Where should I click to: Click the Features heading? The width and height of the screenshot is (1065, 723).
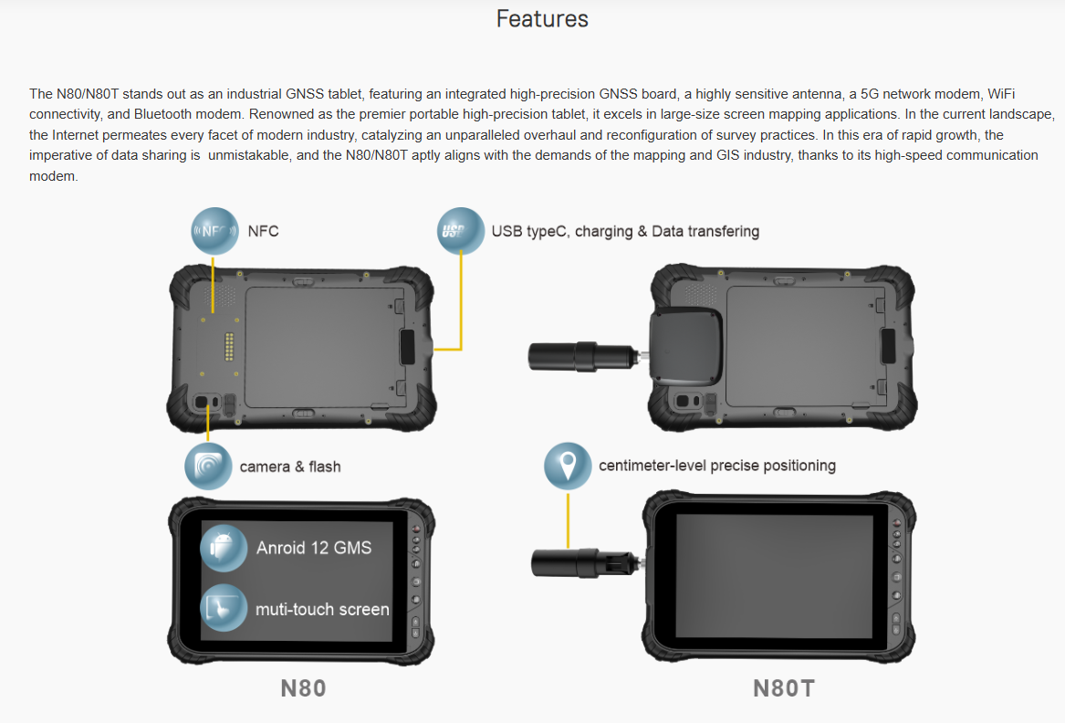[x=542, y=19]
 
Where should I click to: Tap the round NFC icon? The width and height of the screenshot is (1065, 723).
[x=214, y=231]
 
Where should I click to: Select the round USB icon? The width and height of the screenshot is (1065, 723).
[x=461, y=231]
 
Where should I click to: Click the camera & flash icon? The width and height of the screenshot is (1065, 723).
[x=208, y=466]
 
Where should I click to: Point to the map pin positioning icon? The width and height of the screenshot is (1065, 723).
[x=568, y=466]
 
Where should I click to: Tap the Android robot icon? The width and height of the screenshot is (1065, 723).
[x=224, y=548]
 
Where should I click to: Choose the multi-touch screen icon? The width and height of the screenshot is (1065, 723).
[x=224, y=608]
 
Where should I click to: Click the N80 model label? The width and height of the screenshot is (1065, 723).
[x=303, y=688]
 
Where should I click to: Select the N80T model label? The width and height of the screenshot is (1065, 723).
[x=783, y=688]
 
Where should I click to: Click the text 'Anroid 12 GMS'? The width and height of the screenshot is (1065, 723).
[x=314, y=548]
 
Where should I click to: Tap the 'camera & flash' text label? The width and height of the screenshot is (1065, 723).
[x=290, y=466]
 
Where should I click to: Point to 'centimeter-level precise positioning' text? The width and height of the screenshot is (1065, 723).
[x=717, y=466]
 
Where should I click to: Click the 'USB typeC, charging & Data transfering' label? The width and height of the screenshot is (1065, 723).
[x=625, y=231]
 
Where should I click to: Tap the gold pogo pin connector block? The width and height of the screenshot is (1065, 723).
[x=229, y=347]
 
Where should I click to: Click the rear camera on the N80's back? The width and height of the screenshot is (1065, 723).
[x=202, y=402]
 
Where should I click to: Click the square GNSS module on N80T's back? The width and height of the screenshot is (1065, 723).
[x=686, y=346]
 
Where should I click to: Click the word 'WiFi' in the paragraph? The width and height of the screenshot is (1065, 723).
[x=1001, y=94]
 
